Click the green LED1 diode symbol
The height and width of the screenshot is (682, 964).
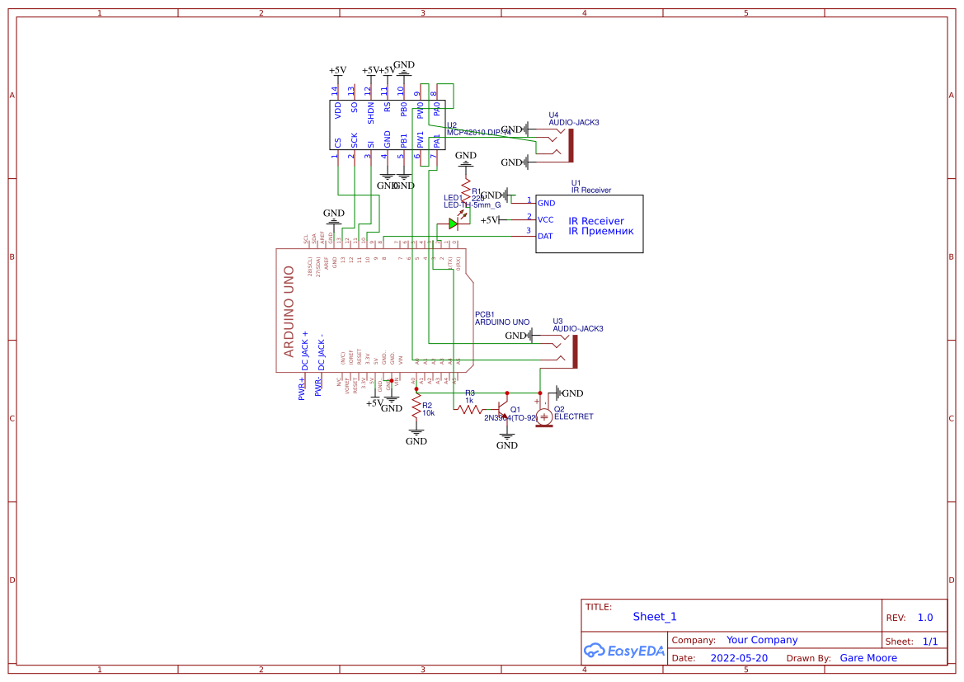point(454,223)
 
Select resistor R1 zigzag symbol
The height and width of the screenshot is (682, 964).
point(466,188)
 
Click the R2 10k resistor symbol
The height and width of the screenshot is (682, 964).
point(416,409)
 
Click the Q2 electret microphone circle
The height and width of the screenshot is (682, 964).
point(544,417)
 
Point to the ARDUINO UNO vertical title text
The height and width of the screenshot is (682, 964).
point(289,311)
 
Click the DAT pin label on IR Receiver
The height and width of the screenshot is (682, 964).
point(545,236)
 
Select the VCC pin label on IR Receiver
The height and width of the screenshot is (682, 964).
point(545,219)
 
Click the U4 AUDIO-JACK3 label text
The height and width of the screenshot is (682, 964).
point(574,122)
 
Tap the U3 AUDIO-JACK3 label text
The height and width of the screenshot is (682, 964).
point(577,328)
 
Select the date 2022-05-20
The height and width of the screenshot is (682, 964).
point(739,658)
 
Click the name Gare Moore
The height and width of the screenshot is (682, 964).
point(868,658)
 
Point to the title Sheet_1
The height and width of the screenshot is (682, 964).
point(655,616)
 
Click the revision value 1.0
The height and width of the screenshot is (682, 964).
point(925,618)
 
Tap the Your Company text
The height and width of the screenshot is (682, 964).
point(762,640)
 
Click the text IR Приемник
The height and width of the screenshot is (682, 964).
point(600,231)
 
